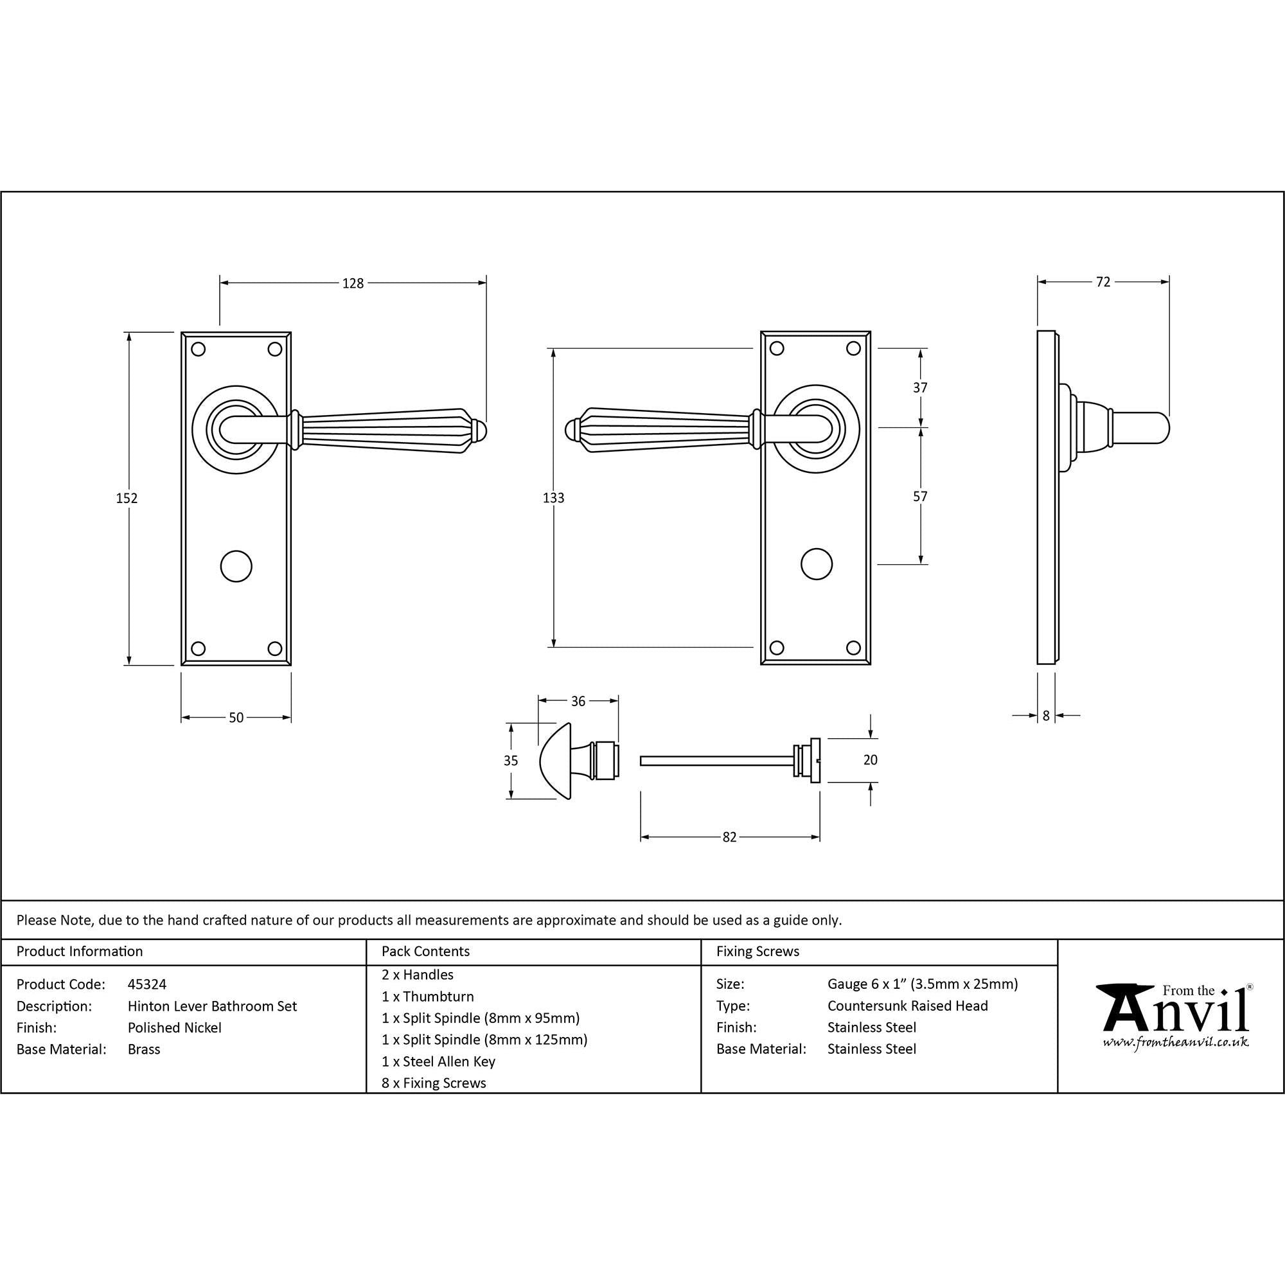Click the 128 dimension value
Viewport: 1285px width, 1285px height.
[353, 283]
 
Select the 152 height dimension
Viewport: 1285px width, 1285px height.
[127, 497]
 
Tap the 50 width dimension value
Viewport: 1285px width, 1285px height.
[236, 718]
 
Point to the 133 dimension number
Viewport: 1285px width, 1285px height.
[553, 497]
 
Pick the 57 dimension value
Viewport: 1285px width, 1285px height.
[920, 496]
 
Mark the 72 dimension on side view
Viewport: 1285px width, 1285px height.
[1103, 282]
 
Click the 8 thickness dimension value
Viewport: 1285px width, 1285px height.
[1045, 716]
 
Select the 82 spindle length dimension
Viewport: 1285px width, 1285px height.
[730, 837]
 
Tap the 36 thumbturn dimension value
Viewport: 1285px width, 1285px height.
[578, 701]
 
